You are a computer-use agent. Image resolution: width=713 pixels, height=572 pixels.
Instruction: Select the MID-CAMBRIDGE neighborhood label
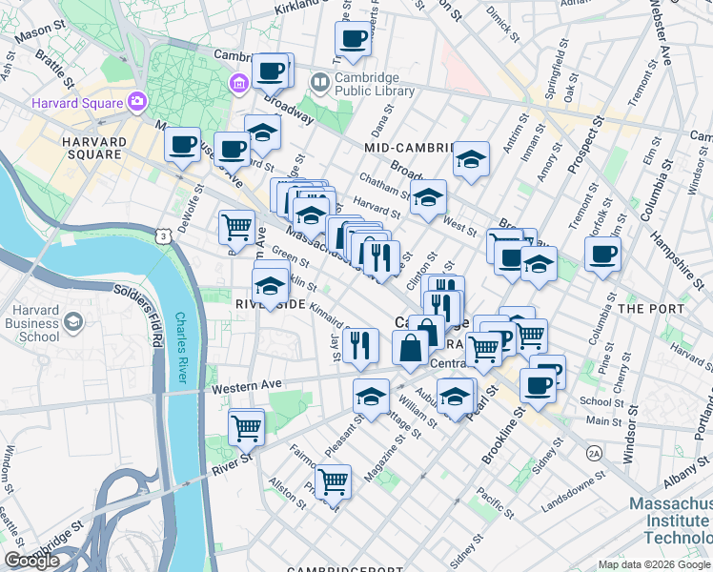(x=412, y=148)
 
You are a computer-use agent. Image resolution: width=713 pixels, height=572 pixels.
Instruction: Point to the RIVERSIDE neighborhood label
(x=270, y=303)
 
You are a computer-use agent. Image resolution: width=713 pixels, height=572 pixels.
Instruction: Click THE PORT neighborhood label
(x=651, y=309)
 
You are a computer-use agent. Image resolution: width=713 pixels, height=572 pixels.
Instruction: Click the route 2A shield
(x=594, y=451)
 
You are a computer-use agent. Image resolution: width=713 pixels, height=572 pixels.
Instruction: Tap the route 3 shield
(x=165, y=235)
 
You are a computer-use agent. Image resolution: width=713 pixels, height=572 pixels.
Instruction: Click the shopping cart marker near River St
(x=247, y=428)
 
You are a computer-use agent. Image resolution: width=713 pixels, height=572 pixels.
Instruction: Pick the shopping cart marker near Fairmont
(x=334, y=482)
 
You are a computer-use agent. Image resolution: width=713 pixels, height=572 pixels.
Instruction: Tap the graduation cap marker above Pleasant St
(x=371, y=397)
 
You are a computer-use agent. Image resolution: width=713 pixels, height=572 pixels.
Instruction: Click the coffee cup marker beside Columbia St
(x=602, y=255)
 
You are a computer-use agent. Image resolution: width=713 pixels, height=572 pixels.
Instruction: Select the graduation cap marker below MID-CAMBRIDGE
(x=471, y=159)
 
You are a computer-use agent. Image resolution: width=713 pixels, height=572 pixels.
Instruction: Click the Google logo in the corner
(x=31, y=561)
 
